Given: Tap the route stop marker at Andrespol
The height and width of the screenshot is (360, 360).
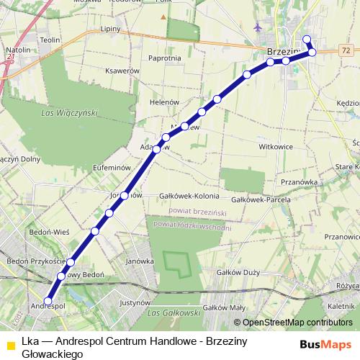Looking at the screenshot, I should point(49,301).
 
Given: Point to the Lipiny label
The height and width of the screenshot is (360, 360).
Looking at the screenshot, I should point(111,30).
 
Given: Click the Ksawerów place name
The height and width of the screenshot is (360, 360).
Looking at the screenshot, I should point(121,71).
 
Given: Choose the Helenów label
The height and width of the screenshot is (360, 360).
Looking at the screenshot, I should point(163,102).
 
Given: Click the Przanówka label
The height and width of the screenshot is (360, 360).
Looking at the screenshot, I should point(300,182).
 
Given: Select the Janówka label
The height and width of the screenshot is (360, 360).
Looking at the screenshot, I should point(140,261).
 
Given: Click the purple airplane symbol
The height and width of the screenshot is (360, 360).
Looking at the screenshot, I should point(258,27).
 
